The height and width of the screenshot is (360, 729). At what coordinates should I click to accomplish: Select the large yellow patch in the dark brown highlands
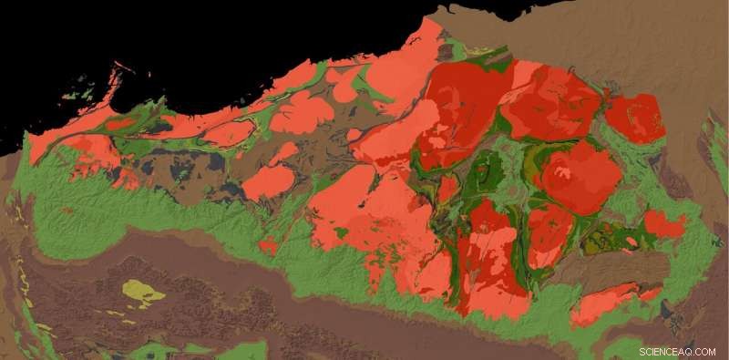click(x=144, y=292)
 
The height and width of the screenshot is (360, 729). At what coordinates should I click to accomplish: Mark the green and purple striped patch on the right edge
click(x=718, y=146)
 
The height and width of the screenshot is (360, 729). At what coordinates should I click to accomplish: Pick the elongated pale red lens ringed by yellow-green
click(x=228, y=134)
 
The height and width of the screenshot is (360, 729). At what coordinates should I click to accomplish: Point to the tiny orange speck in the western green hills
click(x=67, y=211)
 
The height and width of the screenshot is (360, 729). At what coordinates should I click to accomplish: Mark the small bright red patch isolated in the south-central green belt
click(x=269, y=245)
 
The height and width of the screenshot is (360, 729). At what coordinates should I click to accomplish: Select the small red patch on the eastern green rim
click(x=663, y=223)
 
